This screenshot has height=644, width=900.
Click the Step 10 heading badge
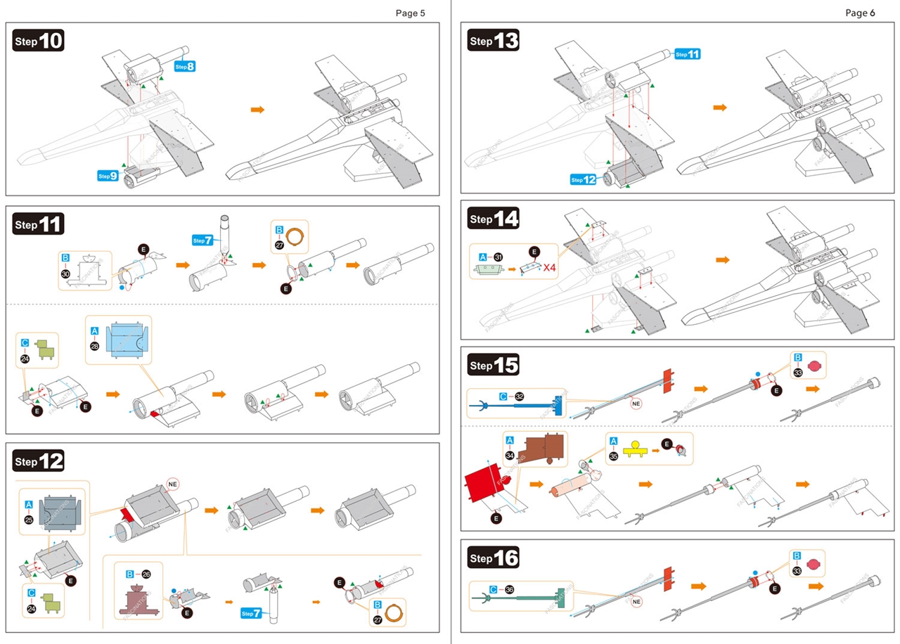click(39, 41)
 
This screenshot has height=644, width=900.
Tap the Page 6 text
click(860, 13)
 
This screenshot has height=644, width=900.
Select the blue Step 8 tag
click(185, 66)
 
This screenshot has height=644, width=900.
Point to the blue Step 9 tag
click(108, 175)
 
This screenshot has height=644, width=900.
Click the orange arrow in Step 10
click(257, 110)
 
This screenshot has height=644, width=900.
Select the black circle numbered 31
click(499, 257)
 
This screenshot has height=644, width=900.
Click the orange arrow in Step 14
click(722, 259)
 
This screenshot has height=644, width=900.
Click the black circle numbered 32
click(518, 397)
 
